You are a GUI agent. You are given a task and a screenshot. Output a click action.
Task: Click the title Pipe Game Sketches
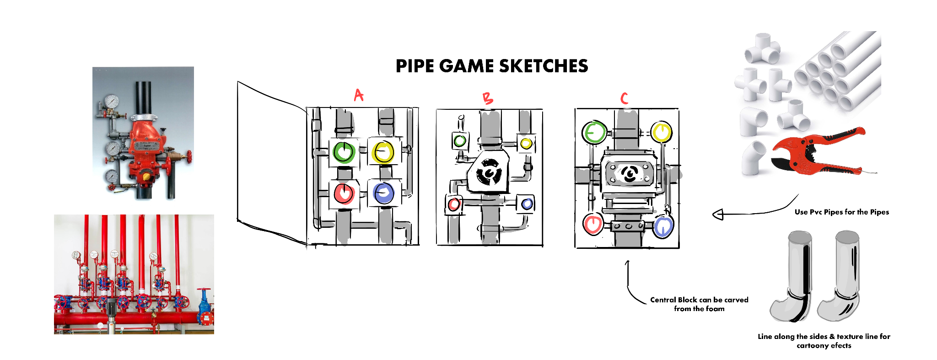492,66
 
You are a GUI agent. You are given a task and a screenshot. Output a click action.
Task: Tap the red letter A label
359,95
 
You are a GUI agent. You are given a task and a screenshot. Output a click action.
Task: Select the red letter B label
488,98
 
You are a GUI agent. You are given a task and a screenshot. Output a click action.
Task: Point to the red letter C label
624,98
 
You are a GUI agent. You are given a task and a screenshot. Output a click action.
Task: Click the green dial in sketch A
344,152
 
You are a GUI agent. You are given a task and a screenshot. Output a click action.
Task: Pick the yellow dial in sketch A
383,152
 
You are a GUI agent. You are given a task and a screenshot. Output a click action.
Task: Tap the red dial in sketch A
344,193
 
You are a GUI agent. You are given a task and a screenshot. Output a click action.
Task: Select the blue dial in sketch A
383,193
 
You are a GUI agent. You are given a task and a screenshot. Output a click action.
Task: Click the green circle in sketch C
594,132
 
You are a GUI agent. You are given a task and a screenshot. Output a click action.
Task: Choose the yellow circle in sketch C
661,132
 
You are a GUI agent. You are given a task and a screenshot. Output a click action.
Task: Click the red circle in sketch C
593,224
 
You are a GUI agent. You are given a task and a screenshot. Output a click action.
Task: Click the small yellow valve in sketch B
526,143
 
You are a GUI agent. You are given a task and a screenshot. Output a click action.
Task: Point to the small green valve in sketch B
459,141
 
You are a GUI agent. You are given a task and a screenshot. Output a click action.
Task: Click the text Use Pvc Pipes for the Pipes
841,212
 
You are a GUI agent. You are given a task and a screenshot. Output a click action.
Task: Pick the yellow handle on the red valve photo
146,176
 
